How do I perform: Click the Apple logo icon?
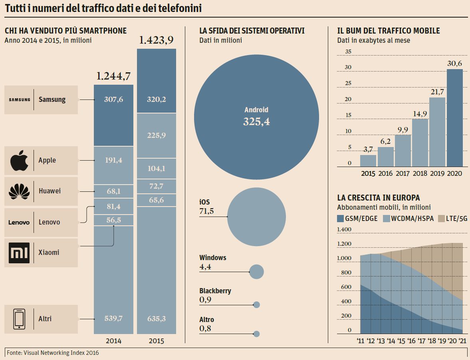[x=19, y=161]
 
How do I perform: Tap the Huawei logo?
[x=19, y=191]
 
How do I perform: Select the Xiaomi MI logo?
[x=19, y=253]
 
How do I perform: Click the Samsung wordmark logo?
[x=19, y=100]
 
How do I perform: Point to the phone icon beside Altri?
[x=19, y=319]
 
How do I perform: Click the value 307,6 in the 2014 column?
[x=113, y=100]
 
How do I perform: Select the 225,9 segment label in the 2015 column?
[x=157, y=135]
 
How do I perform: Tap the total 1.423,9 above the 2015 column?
[x=157, y=40]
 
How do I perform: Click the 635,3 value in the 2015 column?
[x=157, y=319]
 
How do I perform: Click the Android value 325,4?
[x=256, y=122]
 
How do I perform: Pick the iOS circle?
[x=256, y=217]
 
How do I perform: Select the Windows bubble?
[x=256, y=272]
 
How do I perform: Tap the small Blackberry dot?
[x=257, y=305]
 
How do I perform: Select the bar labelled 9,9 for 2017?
[x=403, y=151]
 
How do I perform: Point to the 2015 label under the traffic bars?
[x=368, y=174]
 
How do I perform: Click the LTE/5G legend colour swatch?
[x=441, y=219]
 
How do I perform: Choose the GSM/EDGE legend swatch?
[x=341, y=219]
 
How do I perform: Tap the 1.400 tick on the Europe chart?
[x=344, y=230]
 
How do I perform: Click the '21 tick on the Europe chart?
[x=462, y=341]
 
